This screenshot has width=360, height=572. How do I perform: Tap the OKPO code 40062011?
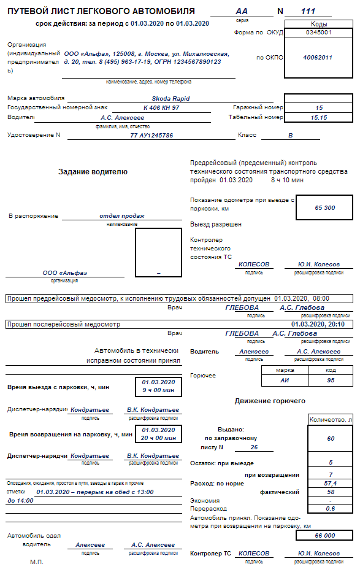click(318, 57)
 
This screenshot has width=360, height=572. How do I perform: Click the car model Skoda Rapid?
click(170, 98)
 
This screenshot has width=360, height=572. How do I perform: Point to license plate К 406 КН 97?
click(161, 107)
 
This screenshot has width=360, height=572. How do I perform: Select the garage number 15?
click(319, 107)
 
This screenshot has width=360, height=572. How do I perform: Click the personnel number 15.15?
click(319, 117)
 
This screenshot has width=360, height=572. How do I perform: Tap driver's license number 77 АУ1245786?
click(151, 135)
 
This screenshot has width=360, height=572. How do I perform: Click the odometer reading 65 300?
click(324, 207)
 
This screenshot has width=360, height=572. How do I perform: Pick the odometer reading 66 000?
click(324, 535)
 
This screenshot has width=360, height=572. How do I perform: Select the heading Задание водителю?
click(93, 172)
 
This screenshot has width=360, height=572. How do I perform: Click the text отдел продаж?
click(121, 216)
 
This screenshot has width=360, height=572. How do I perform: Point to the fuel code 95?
click(331, 381)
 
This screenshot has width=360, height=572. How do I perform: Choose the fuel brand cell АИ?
click(284, 381)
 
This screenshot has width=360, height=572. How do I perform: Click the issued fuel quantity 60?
click(331, 439)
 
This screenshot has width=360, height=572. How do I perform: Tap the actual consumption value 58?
click(331, 492)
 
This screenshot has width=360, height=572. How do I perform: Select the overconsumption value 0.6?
click(331, 509)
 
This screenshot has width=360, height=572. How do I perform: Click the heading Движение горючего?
click(270, 401)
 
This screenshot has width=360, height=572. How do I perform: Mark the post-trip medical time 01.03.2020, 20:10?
click(318, 324)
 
